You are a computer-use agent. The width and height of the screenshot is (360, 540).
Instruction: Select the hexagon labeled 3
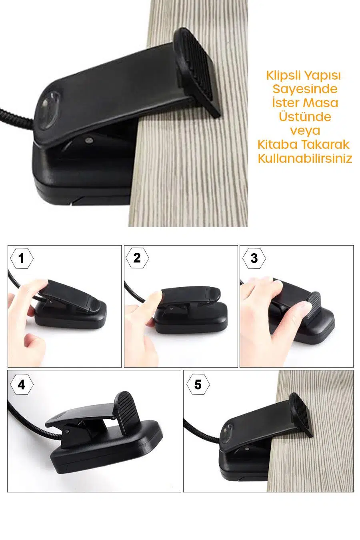coord(254,258)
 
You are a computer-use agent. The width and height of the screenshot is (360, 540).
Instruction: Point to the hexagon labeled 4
coord(22,385)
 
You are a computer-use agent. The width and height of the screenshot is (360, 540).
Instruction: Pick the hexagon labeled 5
coord(198,385)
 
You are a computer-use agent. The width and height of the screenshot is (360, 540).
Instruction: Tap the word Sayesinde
coord(305,89)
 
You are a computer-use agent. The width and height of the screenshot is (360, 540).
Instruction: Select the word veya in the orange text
coord(305,131)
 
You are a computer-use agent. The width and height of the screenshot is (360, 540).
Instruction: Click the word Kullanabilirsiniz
coord(305,158)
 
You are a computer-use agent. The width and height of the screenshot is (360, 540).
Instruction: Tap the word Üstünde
coord(305,116)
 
